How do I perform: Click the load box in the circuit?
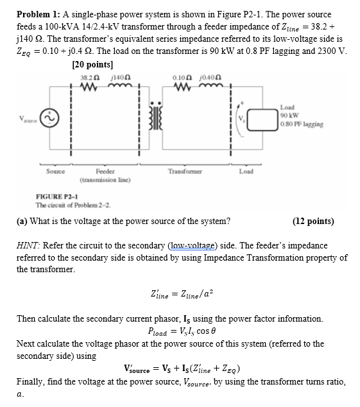tap(257, 119)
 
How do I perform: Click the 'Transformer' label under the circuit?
tap(184, 171)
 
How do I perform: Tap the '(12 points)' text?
tap(313, 221)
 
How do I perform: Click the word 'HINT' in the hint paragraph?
tap(29, 246)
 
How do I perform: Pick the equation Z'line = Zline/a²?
tap(181, 295)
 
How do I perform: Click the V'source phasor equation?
tap(182, 368)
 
